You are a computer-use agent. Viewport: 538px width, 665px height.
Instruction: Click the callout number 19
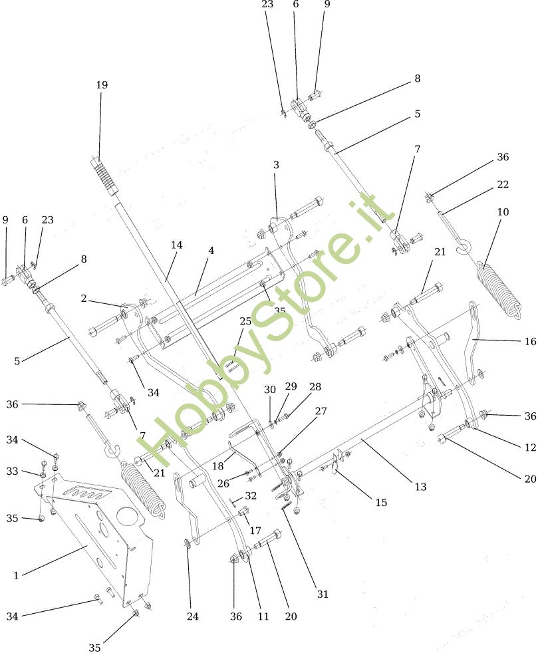(101, 85)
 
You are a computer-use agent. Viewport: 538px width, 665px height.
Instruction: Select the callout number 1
(16, 576)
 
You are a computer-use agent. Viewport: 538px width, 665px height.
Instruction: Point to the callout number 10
(503, 212)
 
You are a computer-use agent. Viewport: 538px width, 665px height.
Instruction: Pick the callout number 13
(420, 487)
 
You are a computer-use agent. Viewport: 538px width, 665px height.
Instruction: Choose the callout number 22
(503, 184)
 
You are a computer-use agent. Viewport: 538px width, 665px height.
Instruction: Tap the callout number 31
(323, 595)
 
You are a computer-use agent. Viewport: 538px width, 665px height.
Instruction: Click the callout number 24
(192, 616)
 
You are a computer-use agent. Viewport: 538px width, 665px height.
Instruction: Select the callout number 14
(176, 245)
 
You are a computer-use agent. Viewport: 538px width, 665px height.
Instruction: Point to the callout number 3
(276, 164)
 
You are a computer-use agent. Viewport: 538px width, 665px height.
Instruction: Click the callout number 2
(84, 299)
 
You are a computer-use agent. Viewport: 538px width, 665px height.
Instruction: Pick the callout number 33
(12, 471)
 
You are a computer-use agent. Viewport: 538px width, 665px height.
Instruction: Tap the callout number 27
(321, 411)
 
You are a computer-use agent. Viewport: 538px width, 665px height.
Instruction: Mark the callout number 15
(380, 503)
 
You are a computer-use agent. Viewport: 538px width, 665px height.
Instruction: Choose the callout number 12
(530, 448)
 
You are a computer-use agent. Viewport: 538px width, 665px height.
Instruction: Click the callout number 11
(263, 616)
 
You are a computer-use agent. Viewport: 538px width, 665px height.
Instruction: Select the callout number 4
(211, 251)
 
